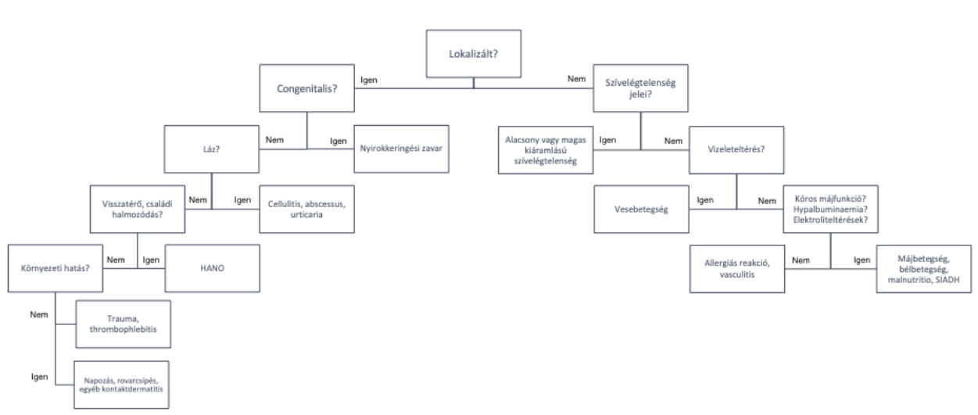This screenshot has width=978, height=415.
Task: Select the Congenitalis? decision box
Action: tap(306, 88)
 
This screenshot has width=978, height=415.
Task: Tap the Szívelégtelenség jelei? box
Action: tap(641, 88)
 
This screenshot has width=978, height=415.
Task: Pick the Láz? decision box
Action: tap(210, 148)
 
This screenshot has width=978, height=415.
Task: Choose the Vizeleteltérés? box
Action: tap(736, 148)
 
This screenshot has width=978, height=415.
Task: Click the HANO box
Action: tap(210, 268)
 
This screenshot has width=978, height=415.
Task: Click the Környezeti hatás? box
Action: tap(55, 268)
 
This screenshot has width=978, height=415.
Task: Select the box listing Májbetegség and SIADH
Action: tap(924, 268)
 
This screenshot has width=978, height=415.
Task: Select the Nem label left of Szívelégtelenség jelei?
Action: tap(576, 80)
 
